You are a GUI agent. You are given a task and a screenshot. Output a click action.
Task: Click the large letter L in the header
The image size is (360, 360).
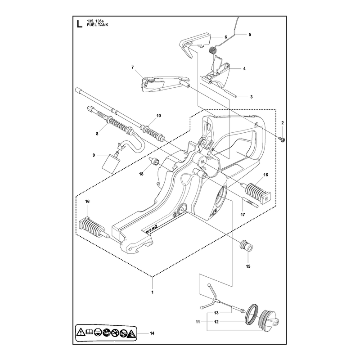tap(79, 24)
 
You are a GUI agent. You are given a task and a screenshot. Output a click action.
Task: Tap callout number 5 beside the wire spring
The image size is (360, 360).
tap(250, 35)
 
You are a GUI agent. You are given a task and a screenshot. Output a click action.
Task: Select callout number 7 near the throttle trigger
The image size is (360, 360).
tap(132, 67)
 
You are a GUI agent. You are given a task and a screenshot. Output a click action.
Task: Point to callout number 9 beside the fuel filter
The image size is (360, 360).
tap(94, 155)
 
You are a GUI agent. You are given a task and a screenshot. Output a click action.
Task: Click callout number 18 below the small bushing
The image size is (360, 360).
tap(141, 174)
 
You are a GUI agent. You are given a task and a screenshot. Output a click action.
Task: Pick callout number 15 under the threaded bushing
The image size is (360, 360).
tap(248, 266)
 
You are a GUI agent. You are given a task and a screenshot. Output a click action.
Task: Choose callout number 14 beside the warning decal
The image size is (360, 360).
tap(152, 333)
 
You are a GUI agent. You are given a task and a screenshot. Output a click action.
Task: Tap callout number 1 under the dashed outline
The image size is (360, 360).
tap(152, 292)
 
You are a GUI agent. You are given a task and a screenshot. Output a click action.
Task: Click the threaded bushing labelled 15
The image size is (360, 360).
tap(246, 246)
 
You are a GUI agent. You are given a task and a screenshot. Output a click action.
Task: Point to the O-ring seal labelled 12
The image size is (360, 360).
tap(252, 314)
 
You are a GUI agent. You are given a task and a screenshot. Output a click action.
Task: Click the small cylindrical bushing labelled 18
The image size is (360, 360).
tap(154, 161)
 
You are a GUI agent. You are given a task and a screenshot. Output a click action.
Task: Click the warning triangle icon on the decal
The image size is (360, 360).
tap(81, 332)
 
